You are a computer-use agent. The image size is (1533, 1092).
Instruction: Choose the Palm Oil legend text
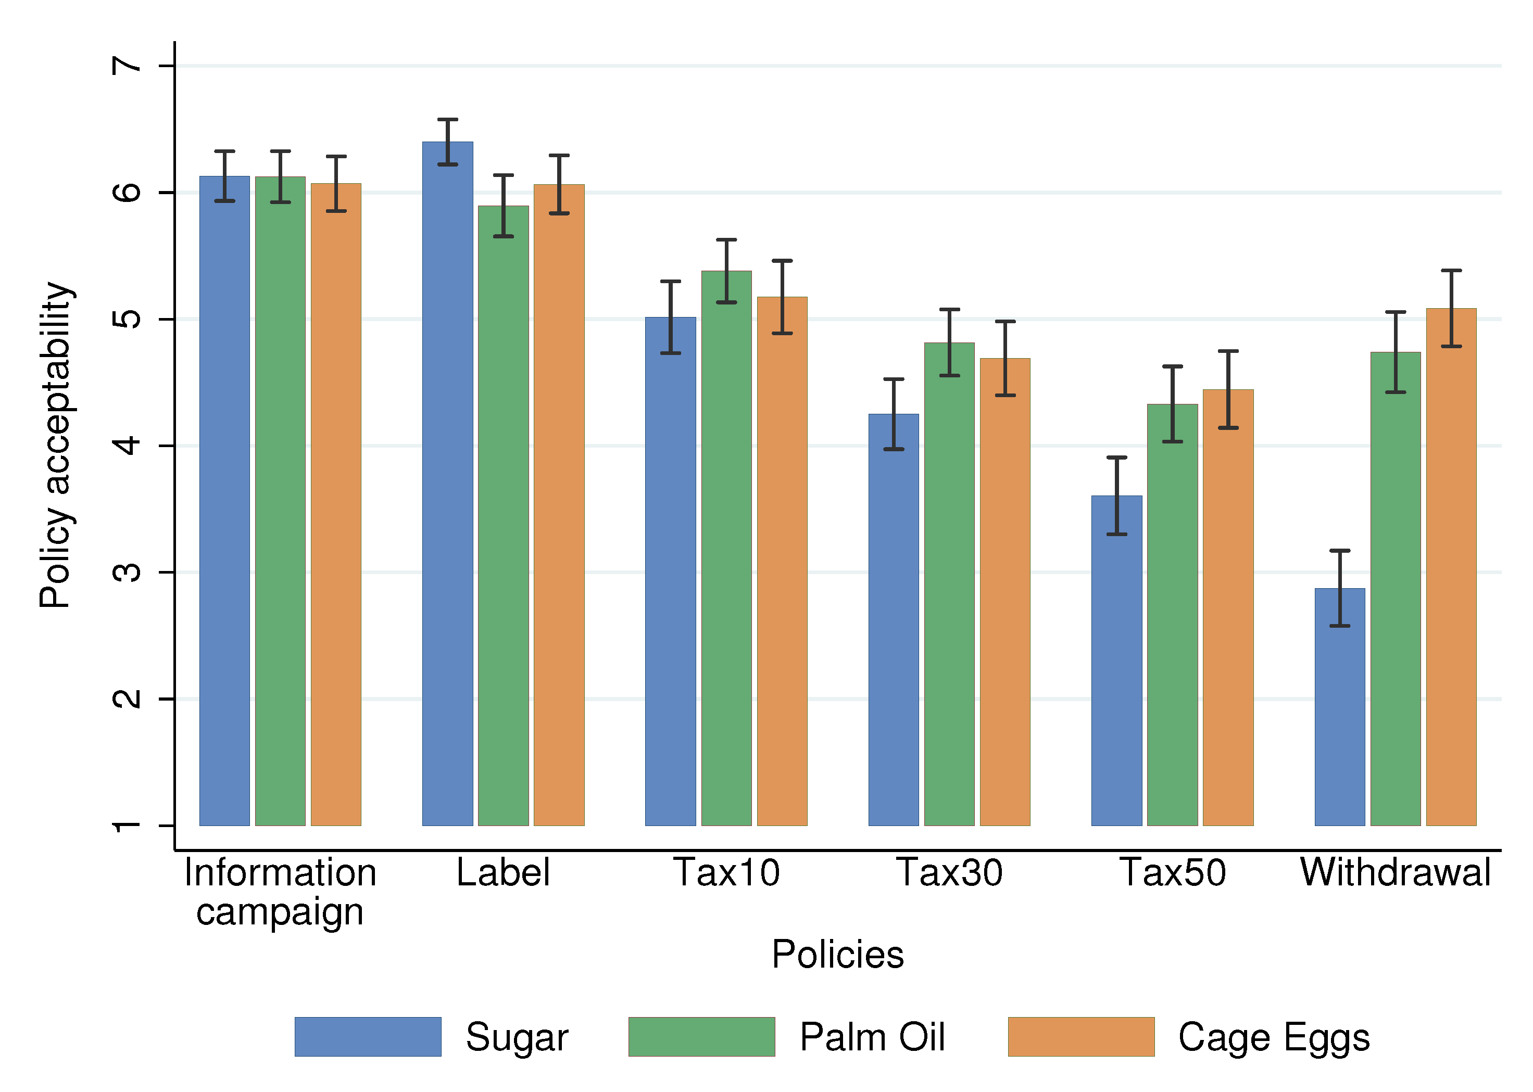872,1036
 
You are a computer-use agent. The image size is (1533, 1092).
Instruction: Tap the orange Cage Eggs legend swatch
1080,1036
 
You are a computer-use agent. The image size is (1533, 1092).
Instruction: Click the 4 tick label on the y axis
127,445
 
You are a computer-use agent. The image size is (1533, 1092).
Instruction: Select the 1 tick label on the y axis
127,826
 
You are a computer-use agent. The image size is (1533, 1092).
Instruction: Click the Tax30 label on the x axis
949,873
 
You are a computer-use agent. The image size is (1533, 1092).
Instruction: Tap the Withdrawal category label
1395,873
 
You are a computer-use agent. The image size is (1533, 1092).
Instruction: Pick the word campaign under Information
280,912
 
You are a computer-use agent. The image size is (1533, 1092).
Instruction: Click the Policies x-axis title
837,954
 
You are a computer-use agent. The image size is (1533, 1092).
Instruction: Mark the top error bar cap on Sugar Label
447,120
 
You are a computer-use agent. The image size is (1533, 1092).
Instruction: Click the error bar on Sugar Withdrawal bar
1339,588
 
